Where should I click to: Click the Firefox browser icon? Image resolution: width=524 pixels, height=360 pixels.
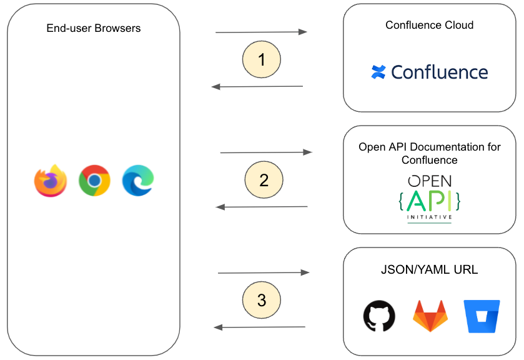(51, 181)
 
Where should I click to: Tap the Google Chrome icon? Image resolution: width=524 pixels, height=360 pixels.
(94, 181)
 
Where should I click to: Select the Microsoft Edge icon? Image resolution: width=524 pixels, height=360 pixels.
(138, 180)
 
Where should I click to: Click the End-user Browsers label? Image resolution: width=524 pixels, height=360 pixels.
(94, 29)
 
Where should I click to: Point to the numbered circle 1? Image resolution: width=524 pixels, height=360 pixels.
(262, 60)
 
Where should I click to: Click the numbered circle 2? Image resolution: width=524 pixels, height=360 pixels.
(264, 181)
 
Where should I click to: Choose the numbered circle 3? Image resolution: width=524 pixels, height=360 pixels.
(262, 301)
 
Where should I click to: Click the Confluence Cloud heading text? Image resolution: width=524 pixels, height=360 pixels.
(429, 26)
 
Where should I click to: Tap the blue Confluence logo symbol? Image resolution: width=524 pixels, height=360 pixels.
(378, 72)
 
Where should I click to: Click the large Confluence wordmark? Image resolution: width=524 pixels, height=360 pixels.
(439, 72)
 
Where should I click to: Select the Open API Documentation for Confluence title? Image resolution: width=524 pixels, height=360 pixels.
(430, 154)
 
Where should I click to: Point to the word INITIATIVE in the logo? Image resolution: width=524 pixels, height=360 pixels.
(430, 218)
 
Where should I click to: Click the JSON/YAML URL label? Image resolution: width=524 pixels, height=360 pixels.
(429, 270)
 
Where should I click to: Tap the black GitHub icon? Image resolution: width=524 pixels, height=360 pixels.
(379, 316)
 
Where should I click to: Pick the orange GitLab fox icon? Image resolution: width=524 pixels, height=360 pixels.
(430, 316)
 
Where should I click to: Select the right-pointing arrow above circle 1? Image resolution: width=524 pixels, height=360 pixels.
(261, 32)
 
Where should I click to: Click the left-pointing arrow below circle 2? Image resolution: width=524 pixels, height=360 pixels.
(262, 207)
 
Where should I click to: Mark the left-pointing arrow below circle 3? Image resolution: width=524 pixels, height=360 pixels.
(259, 327)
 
